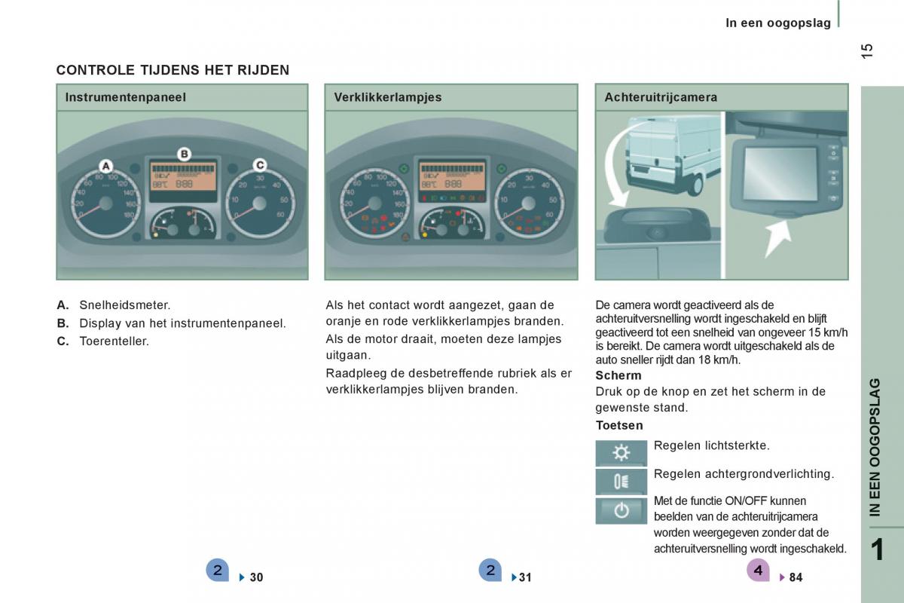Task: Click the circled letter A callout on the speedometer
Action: pyautogui.click(x=106, y=165)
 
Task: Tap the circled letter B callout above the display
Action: pyautogui.click(x=184, y=154)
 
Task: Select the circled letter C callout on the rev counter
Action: pyautogui.click(x=259, y=164)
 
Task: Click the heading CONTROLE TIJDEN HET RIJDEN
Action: pyautogui.click(x=173, y=70)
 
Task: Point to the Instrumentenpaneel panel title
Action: pyautogui.click(x=125, y=97)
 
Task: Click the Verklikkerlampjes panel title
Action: pyautogui.click(x=387, y=97)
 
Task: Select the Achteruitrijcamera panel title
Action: pyautogui.click(x=660, y=97)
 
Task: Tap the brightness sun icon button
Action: pyautogui.click(x=621, y=453)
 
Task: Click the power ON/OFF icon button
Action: pyautogui.click(x=621, y=510)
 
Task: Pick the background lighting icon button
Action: pyautogui.click(x=621, y=482)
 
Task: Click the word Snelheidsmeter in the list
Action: pyautogui.click(x=124, y=305)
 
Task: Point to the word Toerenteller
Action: pyautogui.click(x=114, y=341)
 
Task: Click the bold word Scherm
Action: pyautogui.click(x=618, y=375)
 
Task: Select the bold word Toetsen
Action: pyautogui.click(x=619, y=425)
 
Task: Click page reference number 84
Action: pyautogui.click(x=796, y=577)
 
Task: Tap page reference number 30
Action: pyautogui.click(x=256, y=577)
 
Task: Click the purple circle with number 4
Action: pyautogui.click(x=758, y=571)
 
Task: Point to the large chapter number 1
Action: pyautogui.click(x=876, y=550)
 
